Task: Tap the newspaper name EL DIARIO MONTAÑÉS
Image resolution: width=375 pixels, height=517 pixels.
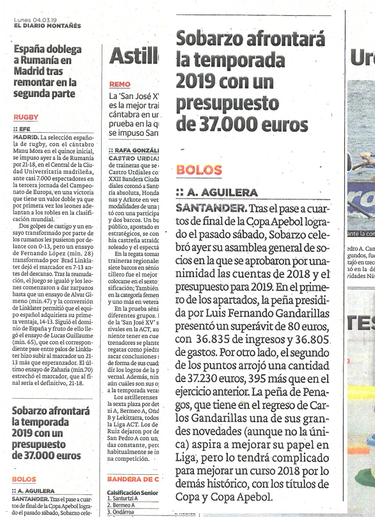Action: click(x=47, y=26)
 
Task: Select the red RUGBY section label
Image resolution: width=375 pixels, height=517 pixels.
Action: click(x=26, y=117)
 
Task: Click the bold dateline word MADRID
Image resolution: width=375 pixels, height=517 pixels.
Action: click(x=26, y=137)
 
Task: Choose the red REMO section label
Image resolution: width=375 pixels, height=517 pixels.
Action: click(x=120, y=84)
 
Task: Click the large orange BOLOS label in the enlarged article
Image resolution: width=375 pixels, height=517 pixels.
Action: click(x=199, y=170)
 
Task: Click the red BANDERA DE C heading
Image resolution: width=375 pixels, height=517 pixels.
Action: click(x=133, y=479)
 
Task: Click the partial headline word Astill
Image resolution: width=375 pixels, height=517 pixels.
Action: click(x=134, y=57)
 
